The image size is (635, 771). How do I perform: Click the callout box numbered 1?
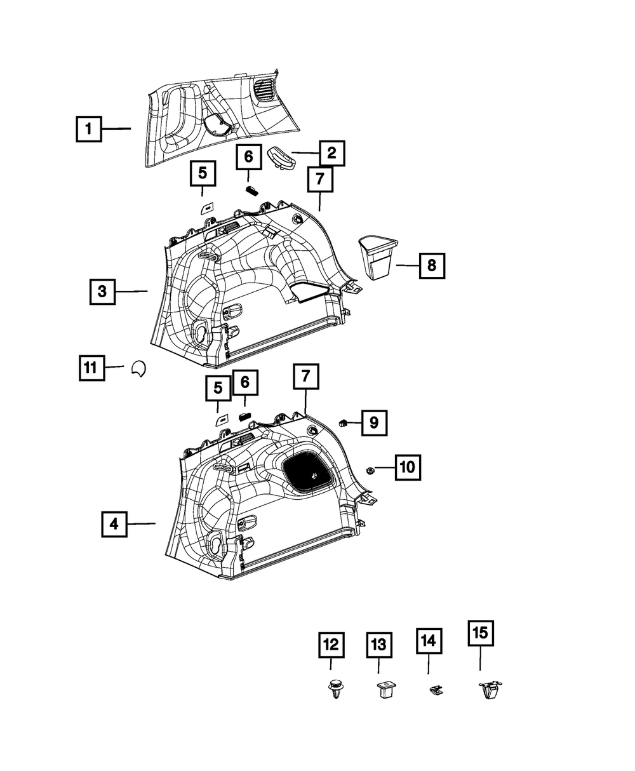pyautogui.click(x=89, y=129)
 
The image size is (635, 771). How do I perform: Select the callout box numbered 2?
pyautogui.click(x=332, y=153)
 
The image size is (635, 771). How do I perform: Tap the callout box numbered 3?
pyautogui.click(x=102, y=292)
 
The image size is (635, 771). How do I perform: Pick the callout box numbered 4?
pyautogui.click(x=114, y=524)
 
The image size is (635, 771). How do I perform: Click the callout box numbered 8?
pyautogui.click(x=432, y=265)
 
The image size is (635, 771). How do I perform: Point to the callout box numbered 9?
pyautogui.click(x=375, y=423)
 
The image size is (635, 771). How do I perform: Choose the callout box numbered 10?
pyautogui.click(x=408, y=467)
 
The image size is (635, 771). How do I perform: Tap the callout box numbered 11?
pyautogui.click(x=92, y=368)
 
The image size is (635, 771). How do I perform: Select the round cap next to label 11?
pyautogui.click(x=139, y=368)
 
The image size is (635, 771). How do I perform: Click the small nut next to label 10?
pyautogui.click(x=370, y=471)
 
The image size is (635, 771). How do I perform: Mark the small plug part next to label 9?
pyautogui.click(x=344, y=423)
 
